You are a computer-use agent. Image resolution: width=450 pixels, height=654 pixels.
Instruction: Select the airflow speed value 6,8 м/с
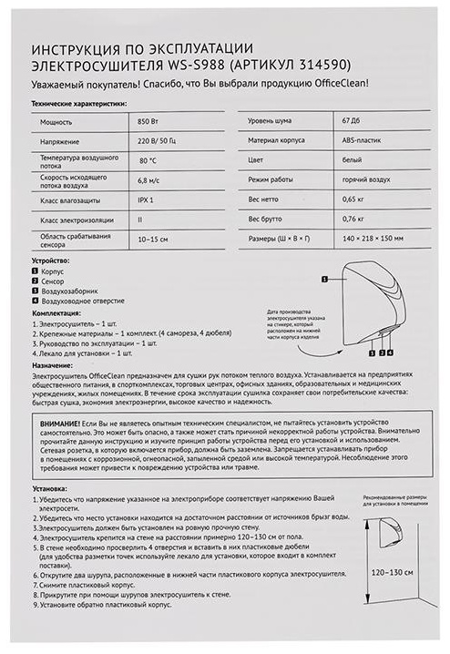tap(148, 182)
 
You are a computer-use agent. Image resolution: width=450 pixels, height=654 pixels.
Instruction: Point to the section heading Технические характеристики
tap(80, 105)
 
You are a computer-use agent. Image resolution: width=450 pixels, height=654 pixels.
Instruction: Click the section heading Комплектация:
tap(56, 312)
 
